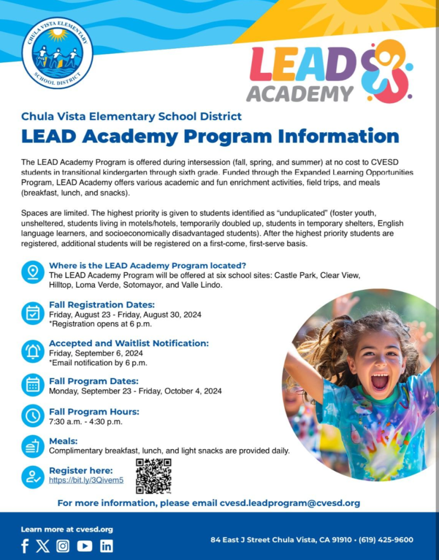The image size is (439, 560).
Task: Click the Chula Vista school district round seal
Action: click(x=57, y=53)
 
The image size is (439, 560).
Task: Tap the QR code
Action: click(x=154, y=476)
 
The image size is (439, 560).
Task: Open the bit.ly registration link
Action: click(x=86, y=480)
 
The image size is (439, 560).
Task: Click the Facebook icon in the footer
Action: click(x=25, y=546)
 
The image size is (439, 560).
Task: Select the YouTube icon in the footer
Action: click(x=85, y=546)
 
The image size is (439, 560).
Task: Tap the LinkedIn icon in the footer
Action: click(x=107, y=546)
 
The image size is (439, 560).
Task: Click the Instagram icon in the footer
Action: click(x=63, y=546)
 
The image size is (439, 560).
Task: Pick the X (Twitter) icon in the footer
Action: click(x=43, y=546)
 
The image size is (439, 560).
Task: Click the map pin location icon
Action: click(x=33, y=272)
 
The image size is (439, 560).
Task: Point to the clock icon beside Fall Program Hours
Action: click(x=33, y=416)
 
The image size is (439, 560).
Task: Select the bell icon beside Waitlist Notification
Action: click(x=33, y=351)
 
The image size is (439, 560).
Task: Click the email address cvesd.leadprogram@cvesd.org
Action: click(x=290, y=503)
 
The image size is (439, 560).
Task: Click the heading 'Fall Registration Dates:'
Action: click(x=102, y=305)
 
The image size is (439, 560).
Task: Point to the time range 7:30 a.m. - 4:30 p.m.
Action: click(x=85, y=422)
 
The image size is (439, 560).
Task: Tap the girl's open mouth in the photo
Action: click(x=379, y=381)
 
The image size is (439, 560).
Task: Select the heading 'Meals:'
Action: click(x=63, y=441)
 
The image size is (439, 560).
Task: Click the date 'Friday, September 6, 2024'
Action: click(x=96, y=353)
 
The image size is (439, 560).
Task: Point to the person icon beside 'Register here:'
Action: click(x=33, y=477)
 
